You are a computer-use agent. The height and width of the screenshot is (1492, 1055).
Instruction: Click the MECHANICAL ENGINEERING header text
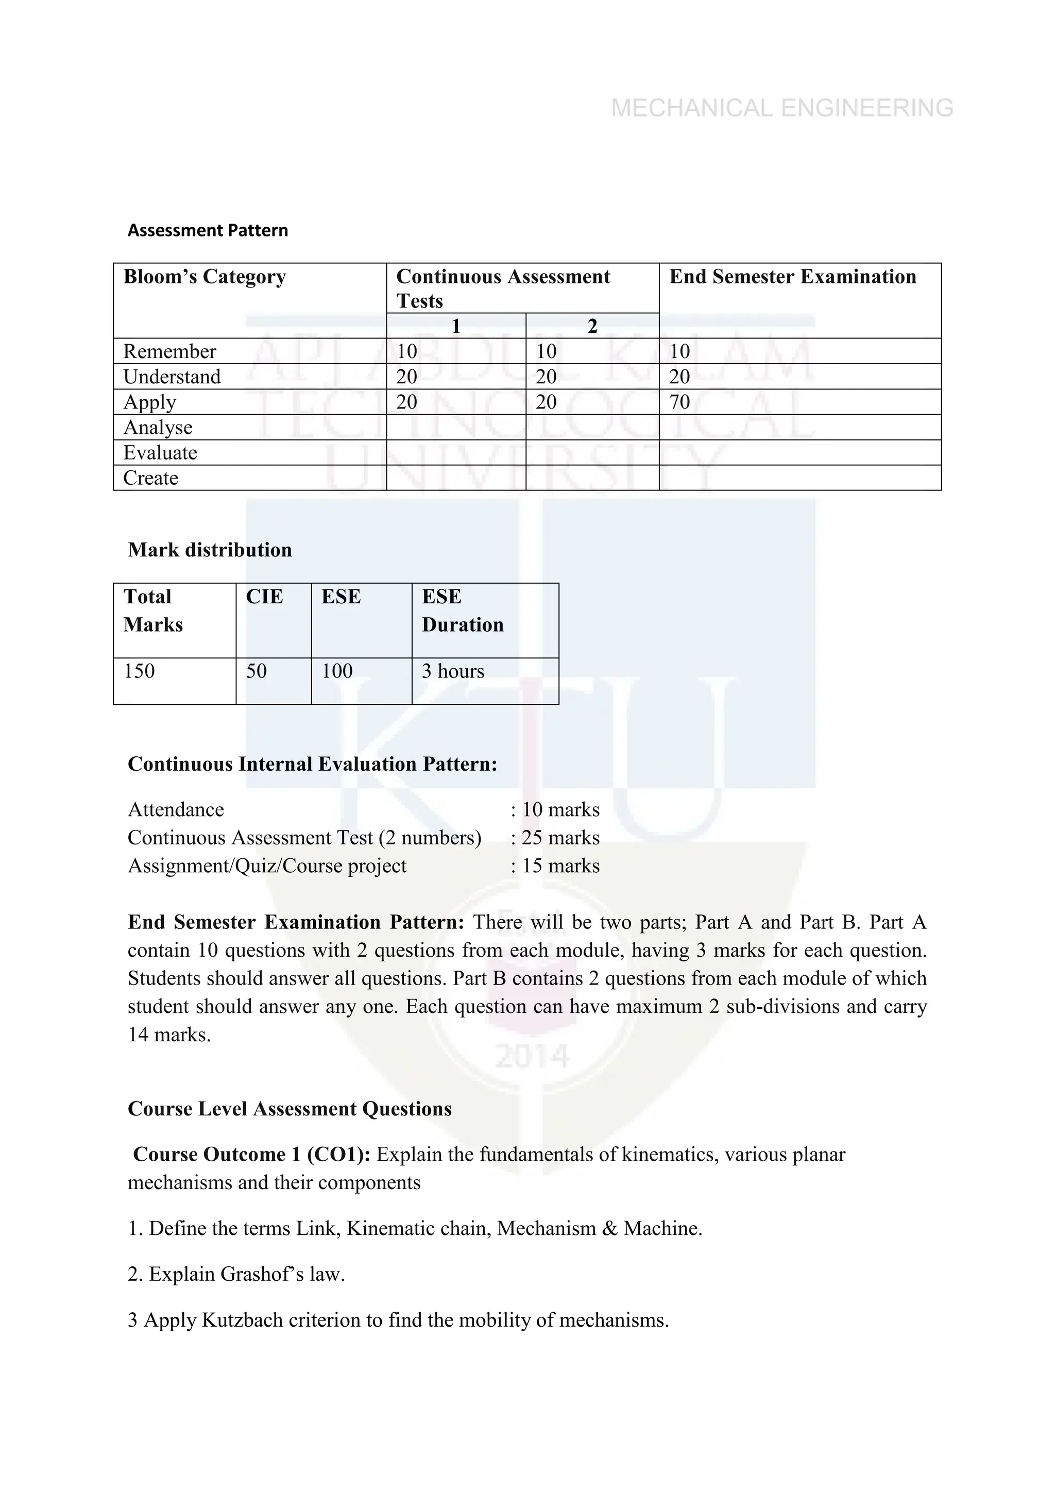(x=782, y=108)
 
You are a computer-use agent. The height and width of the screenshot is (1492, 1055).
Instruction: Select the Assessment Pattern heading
(x=208, y=231)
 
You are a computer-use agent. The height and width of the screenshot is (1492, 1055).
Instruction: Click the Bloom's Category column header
(x=205, y=277)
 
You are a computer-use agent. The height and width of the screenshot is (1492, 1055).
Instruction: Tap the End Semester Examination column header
(x=793, y=277)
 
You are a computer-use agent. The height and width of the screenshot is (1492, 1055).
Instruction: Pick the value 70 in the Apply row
(x=679, y=402)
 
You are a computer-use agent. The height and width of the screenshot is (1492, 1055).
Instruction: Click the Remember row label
(x=169, y=351)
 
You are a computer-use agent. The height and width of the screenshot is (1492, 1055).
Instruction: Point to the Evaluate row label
(x=160, y=453)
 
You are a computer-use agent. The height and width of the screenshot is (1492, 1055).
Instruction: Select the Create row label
(x=151, y=478)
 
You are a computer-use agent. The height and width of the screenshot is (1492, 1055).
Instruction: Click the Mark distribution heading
(x=210, y=550)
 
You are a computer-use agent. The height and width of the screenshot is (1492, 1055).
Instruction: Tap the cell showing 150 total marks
(x=140, y=671)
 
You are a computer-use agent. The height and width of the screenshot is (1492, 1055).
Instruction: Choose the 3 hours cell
(x=453, y=671)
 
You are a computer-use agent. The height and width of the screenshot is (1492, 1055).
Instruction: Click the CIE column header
(x=264, y=597)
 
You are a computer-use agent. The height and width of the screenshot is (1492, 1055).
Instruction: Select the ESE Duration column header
(x=463, y=611)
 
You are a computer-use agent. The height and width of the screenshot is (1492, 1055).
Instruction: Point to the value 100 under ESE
(x=337, y=671)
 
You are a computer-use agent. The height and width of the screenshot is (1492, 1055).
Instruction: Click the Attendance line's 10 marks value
(x=560, y=810)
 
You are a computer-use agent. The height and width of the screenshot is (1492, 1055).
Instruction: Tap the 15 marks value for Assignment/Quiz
(x=560, y=866)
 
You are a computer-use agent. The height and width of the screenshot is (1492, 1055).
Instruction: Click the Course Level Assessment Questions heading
(x=290, y=1109)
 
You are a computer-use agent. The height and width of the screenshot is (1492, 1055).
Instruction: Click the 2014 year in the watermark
(x=532, y=1057)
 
